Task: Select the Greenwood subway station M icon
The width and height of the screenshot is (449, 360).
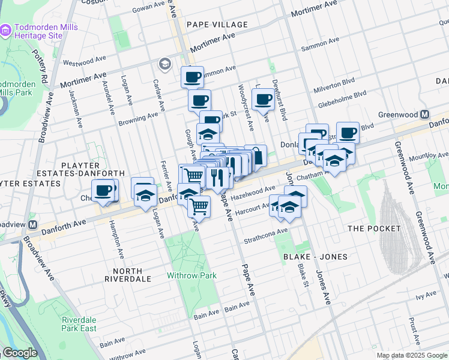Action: tap(425, 115)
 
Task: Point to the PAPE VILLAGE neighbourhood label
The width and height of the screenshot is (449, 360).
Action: tap(217, 25)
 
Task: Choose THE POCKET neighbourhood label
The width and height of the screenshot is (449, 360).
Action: tap(374, 229)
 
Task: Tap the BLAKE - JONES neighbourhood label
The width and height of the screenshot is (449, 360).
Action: tap(315, 257)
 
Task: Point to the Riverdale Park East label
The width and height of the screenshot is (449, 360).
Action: tap(79, 324)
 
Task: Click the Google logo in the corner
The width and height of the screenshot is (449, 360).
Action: tap(19, 353)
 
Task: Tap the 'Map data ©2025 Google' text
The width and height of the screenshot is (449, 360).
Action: tap(411, 355)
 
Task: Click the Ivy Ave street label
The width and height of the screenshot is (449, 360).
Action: tap(423, 297)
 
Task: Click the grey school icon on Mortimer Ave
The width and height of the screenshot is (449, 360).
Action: tap(164, 64)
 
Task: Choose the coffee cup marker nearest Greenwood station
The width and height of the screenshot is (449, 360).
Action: tap(348, 132)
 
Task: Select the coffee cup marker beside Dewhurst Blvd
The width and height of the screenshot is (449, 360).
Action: tap(263, 99)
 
